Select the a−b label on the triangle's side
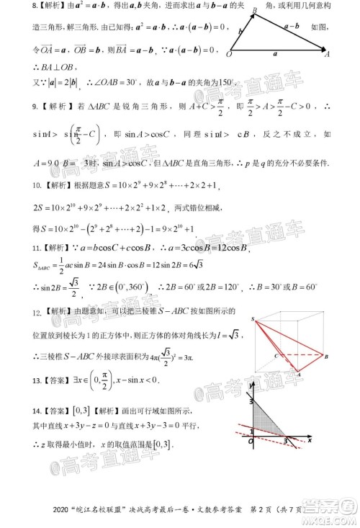(x=292, y=25)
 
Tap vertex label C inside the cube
(x=276, y=354)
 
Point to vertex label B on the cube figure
(x=325, y=357)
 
